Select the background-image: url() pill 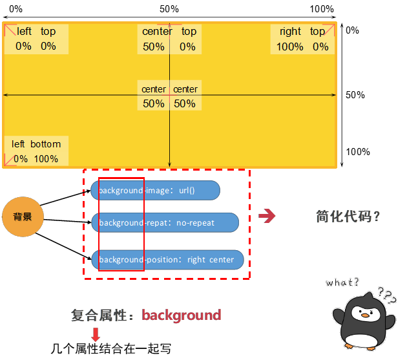(x=155, y=191)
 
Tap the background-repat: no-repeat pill (x=165, y=222)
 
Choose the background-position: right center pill (x=167, y=260)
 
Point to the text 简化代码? (x=348, y=217)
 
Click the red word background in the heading (x=182, y=315)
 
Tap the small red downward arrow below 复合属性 (x=96, y=334)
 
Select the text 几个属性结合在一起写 (x=110, y=349)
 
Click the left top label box (x=36, y=39)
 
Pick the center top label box (x=169, y=39)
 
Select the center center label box (x=169, y=96)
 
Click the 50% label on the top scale (x=169, y=9)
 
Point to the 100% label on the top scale (x=322, y=9)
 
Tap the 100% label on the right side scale (x=358, y=152)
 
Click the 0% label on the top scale (x=16, y=9)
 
